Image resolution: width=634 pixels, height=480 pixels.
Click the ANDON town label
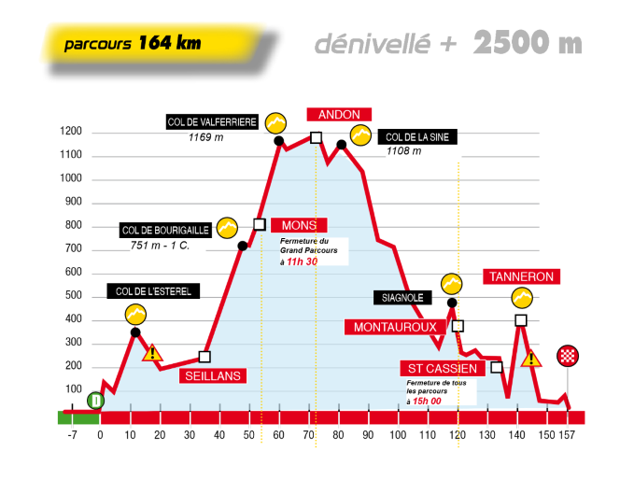click(x=338, y=115)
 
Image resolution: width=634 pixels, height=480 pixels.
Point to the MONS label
click(x=299, y=225)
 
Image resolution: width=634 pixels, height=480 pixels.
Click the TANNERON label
click(x=521, y=276)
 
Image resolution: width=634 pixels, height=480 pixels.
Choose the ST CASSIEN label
click(x=440, y=368)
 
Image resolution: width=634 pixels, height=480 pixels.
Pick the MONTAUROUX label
click(x=396, y=327)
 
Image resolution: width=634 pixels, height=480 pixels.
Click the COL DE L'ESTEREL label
click(x=153, y=290)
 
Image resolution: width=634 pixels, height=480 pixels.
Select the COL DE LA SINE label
click(x=417, y=137)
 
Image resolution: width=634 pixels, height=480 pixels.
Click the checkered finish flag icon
click(x=567, y=355)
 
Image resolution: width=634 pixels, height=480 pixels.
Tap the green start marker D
click(x=96, y=401)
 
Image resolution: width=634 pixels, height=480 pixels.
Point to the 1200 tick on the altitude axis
click(x=71, y=132)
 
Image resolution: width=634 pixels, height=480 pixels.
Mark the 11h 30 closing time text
click(x=303, y=262)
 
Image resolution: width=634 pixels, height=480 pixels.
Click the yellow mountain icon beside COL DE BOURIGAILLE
click(x=226, y=227)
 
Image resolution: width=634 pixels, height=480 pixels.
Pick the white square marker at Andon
click(x=316, y=138)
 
